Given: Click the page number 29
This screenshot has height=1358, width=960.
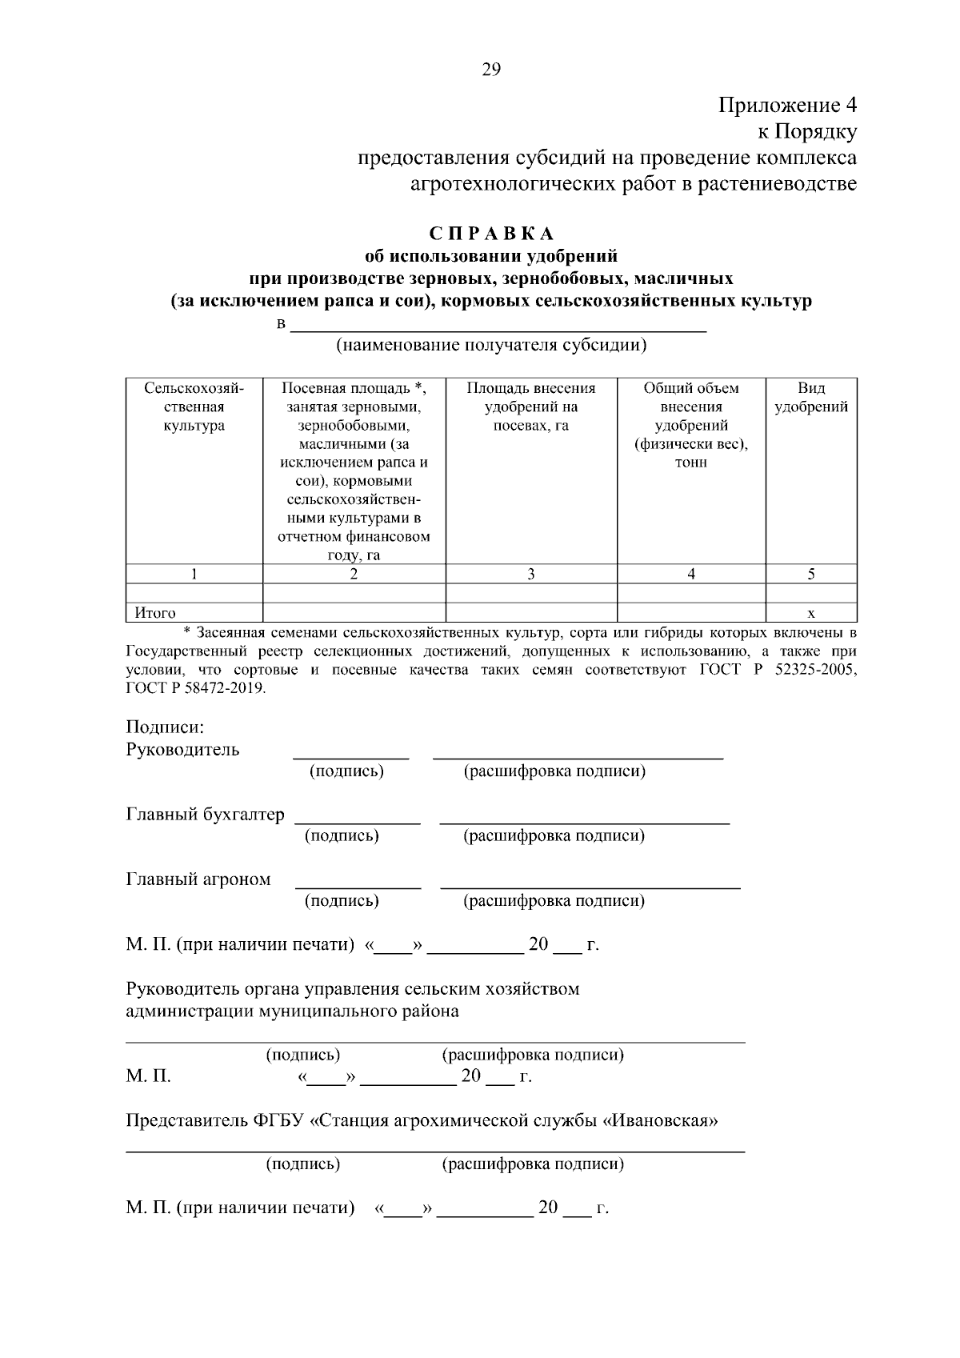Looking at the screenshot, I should [x=491, y=70].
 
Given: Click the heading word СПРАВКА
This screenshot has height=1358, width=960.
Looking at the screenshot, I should [x=491, y=234].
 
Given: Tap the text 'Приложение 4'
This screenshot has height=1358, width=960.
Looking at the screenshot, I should [x=787, y=106].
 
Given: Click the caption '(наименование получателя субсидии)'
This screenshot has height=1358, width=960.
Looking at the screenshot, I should [x=491, y=346].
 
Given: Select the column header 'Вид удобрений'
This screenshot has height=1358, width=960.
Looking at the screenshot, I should [x=811, y=398].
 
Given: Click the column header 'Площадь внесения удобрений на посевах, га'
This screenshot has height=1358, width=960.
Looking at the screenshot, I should [x=531, y=407].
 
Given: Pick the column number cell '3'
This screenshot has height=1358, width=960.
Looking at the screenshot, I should [x=531, y=574].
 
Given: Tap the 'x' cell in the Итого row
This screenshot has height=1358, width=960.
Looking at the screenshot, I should [x=811, y=613].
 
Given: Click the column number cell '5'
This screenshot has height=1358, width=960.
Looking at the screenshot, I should [x=811, y=574].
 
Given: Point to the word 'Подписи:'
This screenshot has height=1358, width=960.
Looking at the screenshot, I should [x=166, y=727].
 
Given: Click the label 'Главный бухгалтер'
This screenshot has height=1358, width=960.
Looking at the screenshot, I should [x=205, y=815].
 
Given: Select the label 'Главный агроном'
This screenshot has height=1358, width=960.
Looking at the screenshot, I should [x=198, y=879].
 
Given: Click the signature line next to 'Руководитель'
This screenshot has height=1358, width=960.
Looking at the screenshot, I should [x=350, y=755].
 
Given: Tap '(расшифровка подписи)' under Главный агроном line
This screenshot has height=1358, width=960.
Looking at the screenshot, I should [x=554, y=901].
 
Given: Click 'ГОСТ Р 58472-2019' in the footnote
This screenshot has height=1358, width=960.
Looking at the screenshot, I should [x=194, y=688].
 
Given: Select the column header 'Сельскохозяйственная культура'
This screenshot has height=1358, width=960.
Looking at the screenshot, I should [x=194, y=407].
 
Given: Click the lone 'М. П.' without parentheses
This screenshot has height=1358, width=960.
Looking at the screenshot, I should [x=149, y=1076].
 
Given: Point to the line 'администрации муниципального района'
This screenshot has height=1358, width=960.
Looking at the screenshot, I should [x=293, y=1011].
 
